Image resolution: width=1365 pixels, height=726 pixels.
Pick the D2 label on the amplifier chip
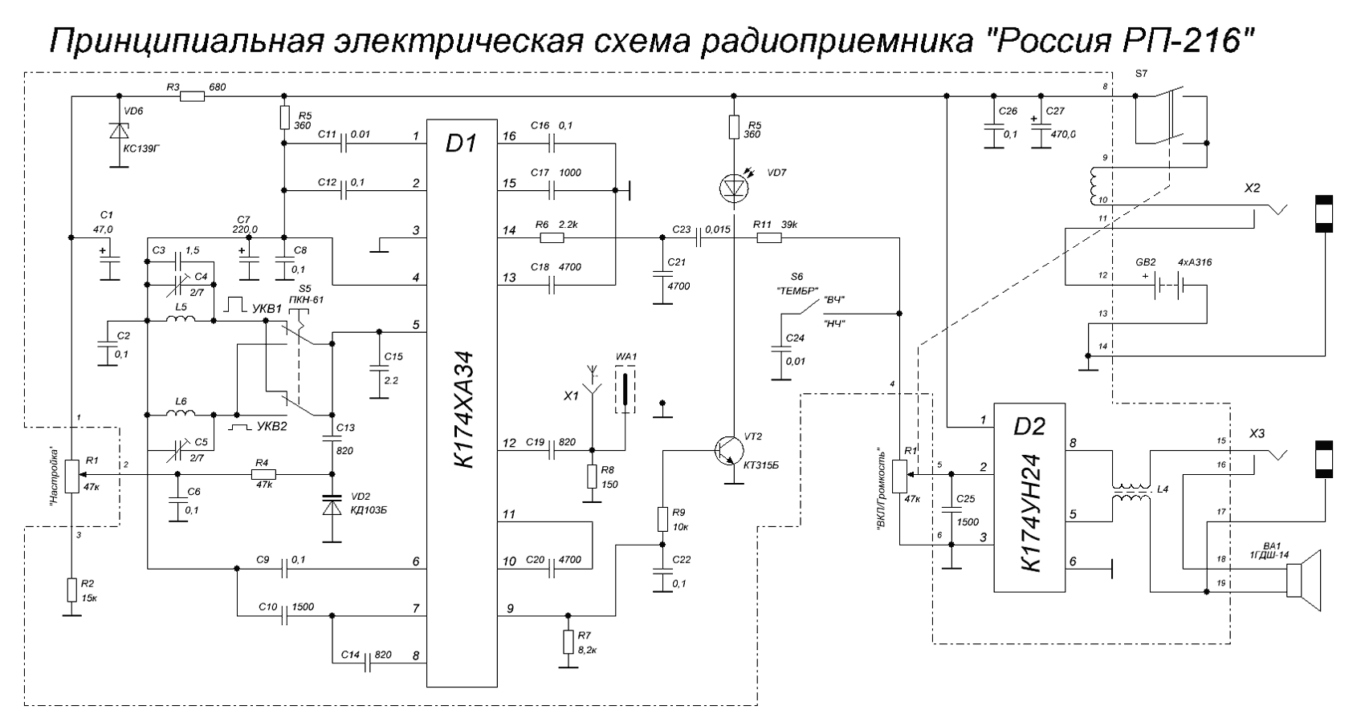coord(1029,426)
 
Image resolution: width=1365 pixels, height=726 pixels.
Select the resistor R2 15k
coord(72,590)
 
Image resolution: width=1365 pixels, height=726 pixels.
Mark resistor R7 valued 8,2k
coord(568,642)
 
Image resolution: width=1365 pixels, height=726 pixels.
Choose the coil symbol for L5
coord(180,320)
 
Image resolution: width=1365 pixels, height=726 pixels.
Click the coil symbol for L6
coord(180,414)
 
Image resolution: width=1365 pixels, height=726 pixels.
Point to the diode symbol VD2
coord(332,507)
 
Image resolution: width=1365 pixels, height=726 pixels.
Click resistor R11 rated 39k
coord(769,238)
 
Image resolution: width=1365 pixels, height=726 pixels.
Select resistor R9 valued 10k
coord(662,519)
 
